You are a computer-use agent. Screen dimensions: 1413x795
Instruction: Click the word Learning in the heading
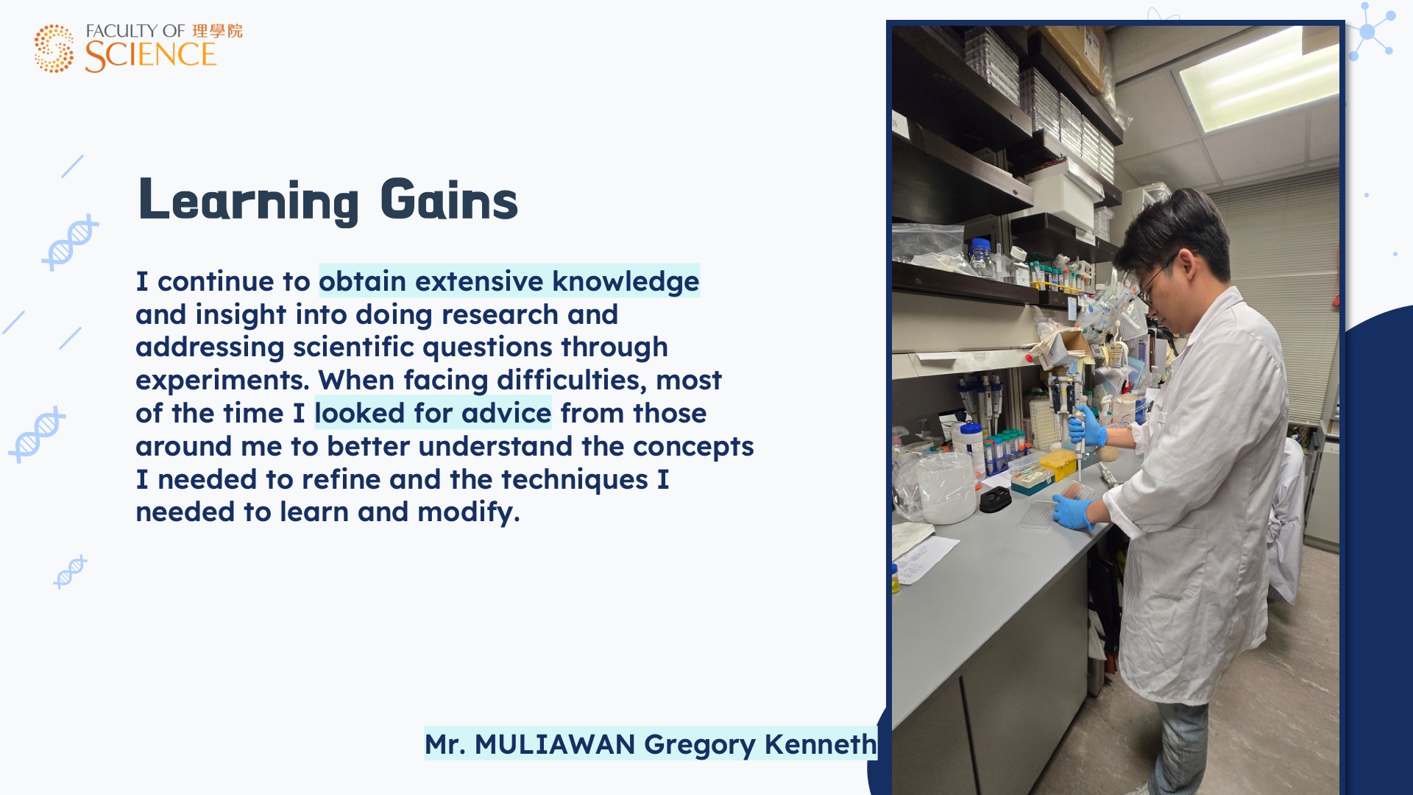point(248,201)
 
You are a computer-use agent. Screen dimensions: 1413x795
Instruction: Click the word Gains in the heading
point(449,199)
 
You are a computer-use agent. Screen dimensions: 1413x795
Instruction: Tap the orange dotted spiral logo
point(54,49)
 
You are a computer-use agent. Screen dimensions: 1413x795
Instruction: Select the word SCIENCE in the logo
point(150,55)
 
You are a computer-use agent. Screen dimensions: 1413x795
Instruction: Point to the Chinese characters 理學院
point(217,31)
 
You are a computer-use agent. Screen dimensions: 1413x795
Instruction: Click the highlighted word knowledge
point(626,282)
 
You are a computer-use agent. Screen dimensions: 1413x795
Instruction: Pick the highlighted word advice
point(506,413)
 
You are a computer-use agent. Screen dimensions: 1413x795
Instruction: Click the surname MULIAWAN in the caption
point(555,744)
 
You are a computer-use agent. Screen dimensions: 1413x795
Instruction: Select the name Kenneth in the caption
point(821,744)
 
